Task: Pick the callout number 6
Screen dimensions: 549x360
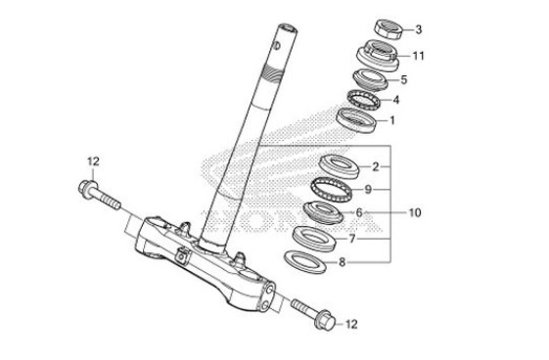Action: (x=359, y=212)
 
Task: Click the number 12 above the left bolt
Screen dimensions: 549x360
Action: (x=93, y=160)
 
